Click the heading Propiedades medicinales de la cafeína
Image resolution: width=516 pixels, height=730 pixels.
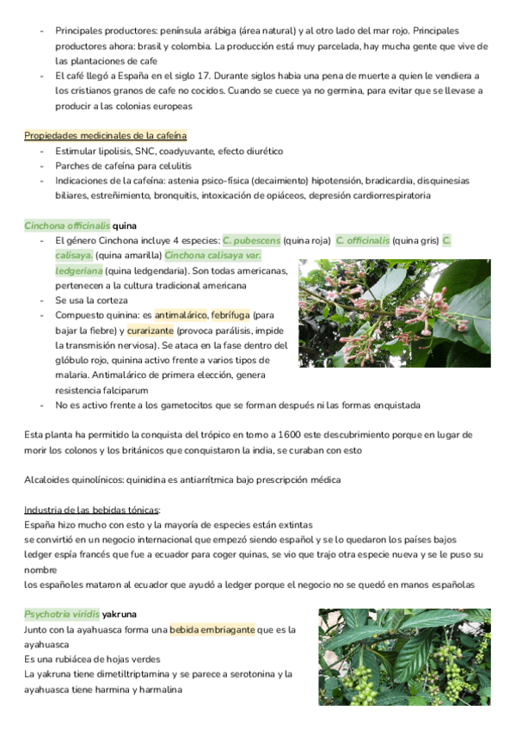106,136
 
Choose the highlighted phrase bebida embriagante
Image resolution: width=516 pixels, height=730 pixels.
212,629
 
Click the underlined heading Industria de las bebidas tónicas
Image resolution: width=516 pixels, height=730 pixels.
92,510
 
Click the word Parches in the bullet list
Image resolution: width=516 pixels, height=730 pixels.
72,165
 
